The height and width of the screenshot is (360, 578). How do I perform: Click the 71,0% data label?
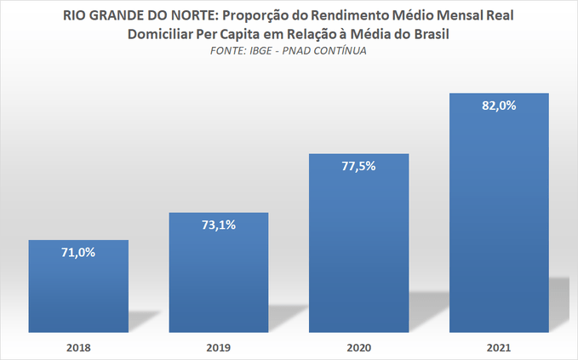point(78,253)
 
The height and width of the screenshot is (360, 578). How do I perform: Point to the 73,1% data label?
point(219,226)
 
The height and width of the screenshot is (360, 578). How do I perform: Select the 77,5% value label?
point(358,167)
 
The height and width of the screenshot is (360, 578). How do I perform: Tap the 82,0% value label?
point(499,106)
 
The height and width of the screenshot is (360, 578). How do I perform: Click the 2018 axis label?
point(78,348)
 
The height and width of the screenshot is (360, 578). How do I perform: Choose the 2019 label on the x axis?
point(219,348)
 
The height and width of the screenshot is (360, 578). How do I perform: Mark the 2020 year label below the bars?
point(358,348)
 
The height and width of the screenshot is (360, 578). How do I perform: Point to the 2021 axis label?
point(499,348)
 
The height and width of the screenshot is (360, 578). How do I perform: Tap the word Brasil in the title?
point(426,34)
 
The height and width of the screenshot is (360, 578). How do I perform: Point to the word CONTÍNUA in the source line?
point(342,51)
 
